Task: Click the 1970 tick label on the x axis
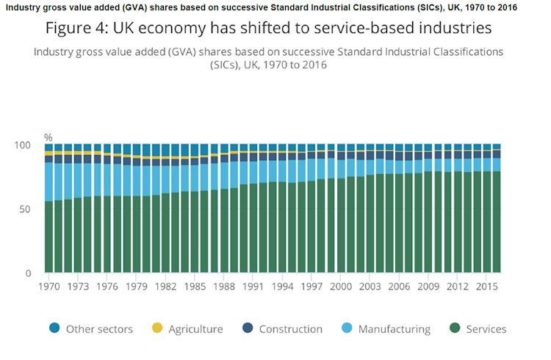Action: tap(49, 286)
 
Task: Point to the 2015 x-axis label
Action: tap(486, 286)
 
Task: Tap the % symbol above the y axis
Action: tap(48, 137)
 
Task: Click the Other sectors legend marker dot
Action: tap(54, 328)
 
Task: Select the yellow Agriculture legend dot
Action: tap(156, 328)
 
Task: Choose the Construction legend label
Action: tap(291, 329)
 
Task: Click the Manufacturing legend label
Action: tap(394, 329)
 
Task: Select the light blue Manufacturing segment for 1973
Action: tap(79, 180)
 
